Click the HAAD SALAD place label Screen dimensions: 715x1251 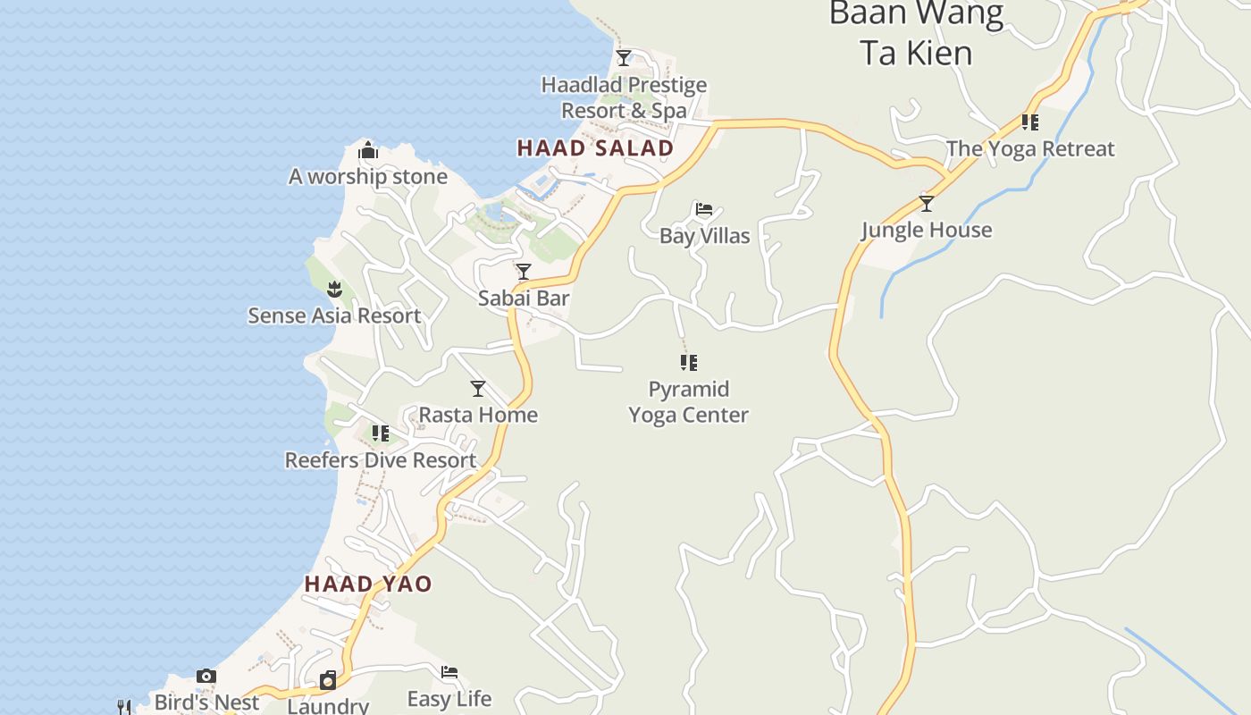pyautogui.click(x=595, y=148)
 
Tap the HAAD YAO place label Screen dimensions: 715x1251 pyautogui.click(x=368, y=585)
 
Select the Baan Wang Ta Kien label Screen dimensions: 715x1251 pyautogui.click(x=916, y=34)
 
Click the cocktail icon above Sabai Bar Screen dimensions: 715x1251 pyautogui.click(x=524, y=271)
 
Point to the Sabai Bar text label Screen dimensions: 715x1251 pyautogui.click(x=524, y=299)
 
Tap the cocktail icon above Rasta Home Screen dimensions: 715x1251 pyautogui.click(x=478, y=388)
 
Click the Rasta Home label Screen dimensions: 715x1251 pyautogui.click(x=478, y=415)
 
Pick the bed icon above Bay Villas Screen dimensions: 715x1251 pyautogui.click(x=704, y=210)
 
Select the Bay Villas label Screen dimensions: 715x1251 pyautogui.click(x=704, y=236)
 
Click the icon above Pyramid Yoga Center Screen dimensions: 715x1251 pyautogui.click(x=688, y=362)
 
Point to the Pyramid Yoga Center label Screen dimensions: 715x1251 pyautogui.click(x=688, y=402)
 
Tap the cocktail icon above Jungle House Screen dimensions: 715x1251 pyautogui.click(x=927, y=204)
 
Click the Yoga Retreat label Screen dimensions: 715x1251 pyautogui.click(x=1030, y=149)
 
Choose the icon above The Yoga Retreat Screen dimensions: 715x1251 pyautogui.click(x=1030, y=122)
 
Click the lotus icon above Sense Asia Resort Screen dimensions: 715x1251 pyautogui.click(x=334, y=289)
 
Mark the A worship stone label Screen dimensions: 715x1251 pyautogui.click(x=368, y=177)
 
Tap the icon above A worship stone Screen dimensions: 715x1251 pyautogui.click(x=368, y=150)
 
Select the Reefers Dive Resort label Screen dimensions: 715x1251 pyautogui.click(x=381, y=460)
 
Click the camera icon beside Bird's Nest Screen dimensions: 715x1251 pyautogui.click(x=206, y=676)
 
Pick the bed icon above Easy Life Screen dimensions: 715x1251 pyautogui.click(x=449, y=672)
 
